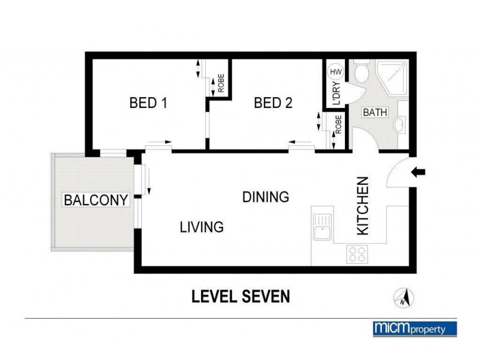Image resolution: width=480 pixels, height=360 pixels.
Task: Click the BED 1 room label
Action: click(148, 103)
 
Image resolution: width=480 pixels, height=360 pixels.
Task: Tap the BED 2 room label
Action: click(273, 103)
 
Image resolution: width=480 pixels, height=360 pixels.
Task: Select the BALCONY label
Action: click(97, 200)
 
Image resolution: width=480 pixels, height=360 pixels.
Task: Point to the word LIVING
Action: click(202, 227)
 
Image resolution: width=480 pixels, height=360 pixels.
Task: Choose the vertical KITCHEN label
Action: click(363, 206)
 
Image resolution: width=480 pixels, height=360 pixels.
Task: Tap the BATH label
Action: click(375, 112)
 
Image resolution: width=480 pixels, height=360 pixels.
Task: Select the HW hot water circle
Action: click(336, 72)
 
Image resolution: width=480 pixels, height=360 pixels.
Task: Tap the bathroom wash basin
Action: click(398, 125)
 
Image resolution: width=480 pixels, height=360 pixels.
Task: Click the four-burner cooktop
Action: click(358, 254)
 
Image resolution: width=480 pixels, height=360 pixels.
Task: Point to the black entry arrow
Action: click(418, 173)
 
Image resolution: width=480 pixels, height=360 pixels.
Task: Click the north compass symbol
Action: click(403, 296)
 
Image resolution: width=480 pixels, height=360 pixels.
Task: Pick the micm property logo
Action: click(415, 328)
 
